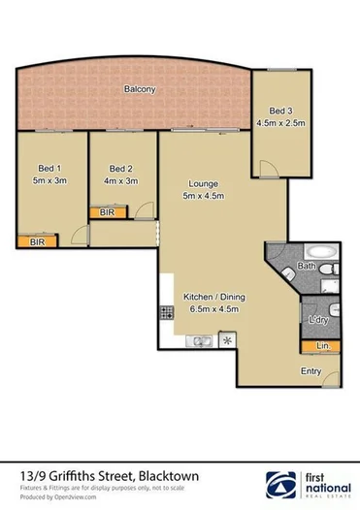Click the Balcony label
[140, 89]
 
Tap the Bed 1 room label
[49, 166]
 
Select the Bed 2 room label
[120, 166]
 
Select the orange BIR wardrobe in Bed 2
[106, 211]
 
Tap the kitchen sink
[201, 341]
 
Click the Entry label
[311, 371]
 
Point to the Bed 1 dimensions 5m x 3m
[49, 178]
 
